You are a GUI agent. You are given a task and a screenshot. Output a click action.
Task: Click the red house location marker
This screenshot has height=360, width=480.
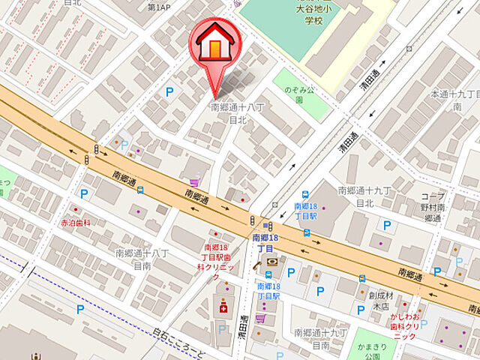coord(216,46)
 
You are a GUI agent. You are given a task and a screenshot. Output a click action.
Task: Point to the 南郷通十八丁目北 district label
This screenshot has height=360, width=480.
coord(238,113)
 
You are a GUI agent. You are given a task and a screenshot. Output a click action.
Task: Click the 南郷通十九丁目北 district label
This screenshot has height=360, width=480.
coord(365,196)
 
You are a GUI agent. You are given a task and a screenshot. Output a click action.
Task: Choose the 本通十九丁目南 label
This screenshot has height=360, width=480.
coord(454,100)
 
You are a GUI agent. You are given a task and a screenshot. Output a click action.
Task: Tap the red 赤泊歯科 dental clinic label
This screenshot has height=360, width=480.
coord(76,223)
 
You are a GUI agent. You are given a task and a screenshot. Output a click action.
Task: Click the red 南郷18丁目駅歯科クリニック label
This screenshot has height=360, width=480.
coord(218,257)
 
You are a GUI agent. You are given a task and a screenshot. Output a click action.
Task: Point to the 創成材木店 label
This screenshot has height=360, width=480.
coord(382,301)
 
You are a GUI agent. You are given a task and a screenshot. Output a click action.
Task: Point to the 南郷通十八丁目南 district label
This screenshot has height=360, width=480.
coord(142,259)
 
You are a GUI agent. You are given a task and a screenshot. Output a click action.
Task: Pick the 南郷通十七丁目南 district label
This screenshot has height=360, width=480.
coord(321,337)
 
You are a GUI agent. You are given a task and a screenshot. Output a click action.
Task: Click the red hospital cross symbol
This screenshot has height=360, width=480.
coord(222,307)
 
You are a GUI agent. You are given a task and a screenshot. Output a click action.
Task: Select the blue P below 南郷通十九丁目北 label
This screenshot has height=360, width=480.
coord(387,224)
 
